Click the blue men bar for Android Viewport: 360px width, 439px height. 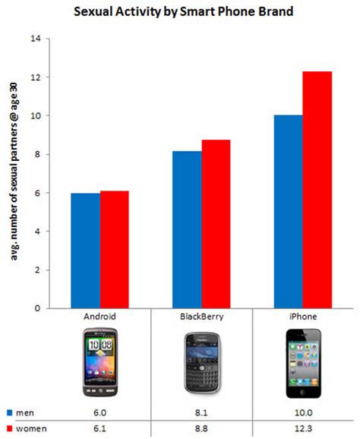(x=85, y=251)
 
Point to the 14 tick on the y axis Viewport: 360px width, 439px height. (x=35, y=39)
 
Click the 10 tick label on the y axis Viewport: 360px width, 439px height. (x=35, y=116)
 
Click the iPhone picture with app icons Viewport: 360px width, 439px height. (x=304, y=363)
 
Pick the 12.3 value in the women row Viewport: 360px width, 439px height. (x=304, y=429)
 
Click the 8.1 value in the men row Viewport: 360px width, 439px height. (x=201, y=413)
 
